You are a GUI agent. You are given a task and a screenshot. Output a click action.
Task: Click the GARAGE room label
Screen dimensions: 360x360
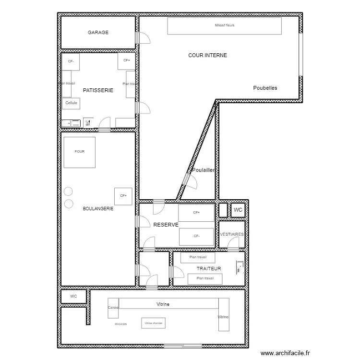(98, 33)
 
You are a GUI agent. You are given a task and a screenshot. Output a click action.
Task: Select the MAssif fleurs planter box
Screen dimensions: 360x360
(224, 26)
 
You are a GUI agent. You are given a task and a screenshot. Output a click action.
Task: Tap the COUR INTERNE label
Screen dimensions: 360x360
(207, 56)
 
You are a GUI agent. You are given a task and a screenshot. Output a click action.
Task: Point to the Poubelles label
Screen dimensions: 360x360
(265, 88)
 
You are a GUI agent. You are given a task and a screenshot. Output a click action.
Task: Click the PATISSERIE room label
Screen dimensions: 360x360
(98, 90)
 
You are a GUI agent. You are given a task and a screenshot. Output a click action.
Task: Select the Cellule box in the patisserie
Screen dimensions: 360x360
(71, 103)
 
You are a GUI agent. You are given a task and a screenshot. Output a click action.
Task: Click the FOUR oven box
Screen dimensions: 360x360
(79, 152)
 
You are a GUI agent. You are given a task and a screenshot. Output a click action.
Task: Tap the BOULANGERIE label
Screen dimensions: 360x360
(98, 208)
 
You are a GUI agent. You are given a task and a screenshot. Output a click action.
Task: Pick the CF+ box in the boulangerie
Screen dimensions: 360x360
(123, 196)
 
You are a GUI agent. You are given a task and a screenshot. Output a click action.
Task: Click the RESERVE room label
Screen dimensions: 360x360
(166, 225)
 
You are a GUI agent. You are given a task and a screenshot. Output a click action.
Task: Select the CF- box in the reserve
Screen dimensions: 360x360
(196, 236)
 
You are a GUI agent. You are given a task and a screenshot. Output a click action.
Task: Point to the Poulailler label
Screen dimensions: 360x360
(203, 170)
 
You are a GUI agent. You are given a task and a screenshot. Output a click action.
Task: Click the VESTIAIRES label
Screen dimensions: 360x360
(232, 234)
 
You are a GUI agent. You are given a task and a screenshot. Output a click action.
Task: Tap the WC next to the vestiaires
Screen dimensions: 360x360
(238, 210)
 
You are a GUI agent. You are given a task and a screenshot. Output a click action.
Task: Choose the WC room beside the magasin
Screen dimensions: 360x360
(73, 297)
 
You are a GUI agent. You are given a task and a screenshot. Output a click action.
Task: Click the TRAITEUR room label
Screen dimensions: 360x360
(209, 269)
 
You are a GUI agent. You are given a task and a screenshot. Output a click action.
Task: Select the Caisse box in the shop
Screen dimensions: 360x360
(113, 308)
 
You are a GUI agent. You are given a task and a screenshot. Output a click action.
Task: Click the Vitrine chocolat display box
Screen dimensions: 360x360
(154, 324)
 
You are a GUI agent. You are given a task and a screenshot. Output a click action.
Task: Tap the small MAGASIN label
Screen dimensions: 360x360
(121, 324)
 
